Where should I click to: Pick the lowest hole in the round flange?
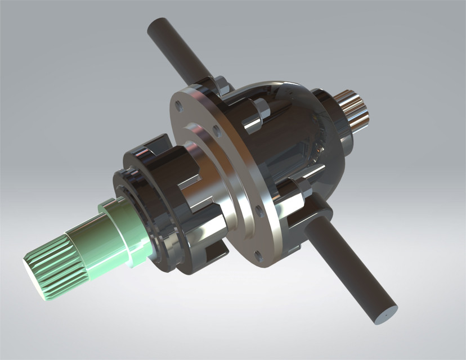click(x=258, y=255)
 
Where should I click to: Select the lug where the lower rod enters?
click(x=318, y=214)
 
